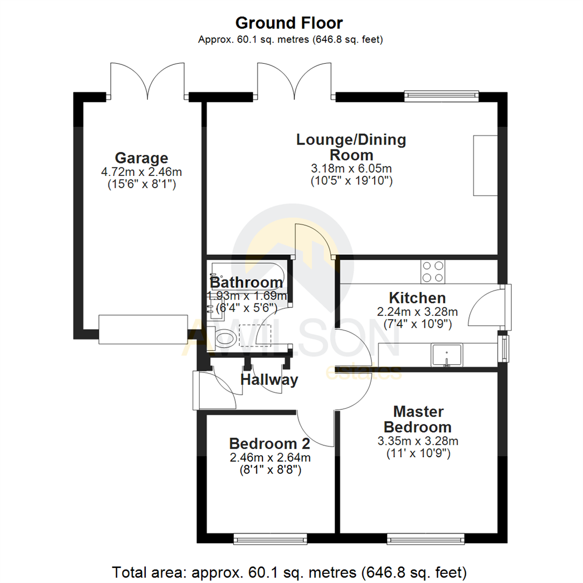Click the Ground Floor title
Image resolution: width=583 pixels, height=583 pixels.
[289, 23]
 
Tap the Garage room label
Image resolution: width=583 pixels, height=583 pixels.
[141, 158]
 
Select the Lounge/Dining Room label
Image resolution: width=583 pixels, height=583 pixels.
[351, 147]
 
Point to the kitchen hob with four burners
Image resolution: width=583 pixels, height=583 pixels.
[433, 272]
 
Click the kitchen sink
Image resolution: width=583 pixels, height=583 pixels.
[446, 355]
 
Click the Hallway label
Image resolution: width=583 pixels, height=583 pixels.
[269, 380]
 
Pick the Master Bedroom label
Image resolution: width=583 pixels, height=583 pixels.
[418, 419]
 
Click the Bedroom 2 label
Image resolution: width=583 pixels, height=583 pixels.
[269, 444]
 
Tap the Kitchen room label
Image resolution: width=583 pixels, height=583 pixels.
[417, 297]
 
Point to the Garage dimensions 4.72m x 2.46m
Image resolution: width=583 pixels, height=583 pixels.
[141, 172]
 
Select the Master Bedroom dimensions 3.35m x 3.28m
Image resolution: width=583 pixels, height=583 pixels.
[418, 441]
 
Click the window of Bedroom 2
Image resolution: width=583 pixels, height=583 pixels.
[270, 538]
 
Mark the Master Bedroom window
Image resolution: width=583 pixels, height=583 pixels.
[426, 538]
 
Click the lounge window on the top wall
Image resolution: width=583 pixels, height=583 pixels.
[442, 96]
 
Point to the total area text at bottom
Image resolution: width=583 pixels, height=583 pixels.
[289, 571]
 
